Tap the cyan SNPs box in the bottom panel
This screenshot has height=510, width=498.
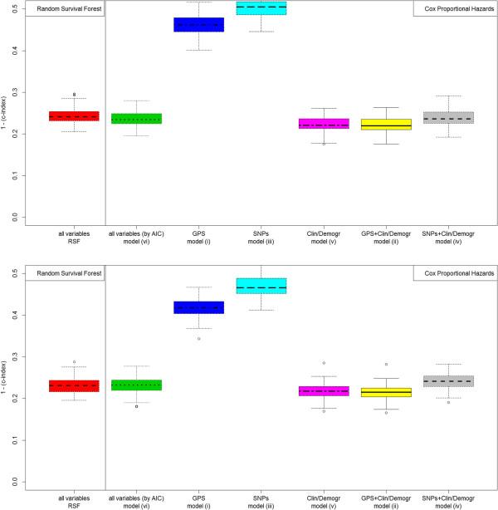[x=261, y=286]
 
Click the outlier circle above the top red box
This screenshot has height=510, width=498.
[x=74, y=95]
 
